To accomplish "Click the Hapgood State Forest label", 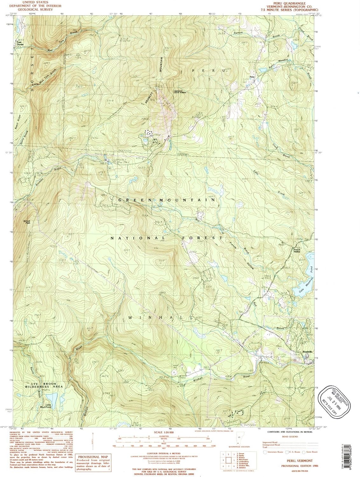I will tap(180, 92).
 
